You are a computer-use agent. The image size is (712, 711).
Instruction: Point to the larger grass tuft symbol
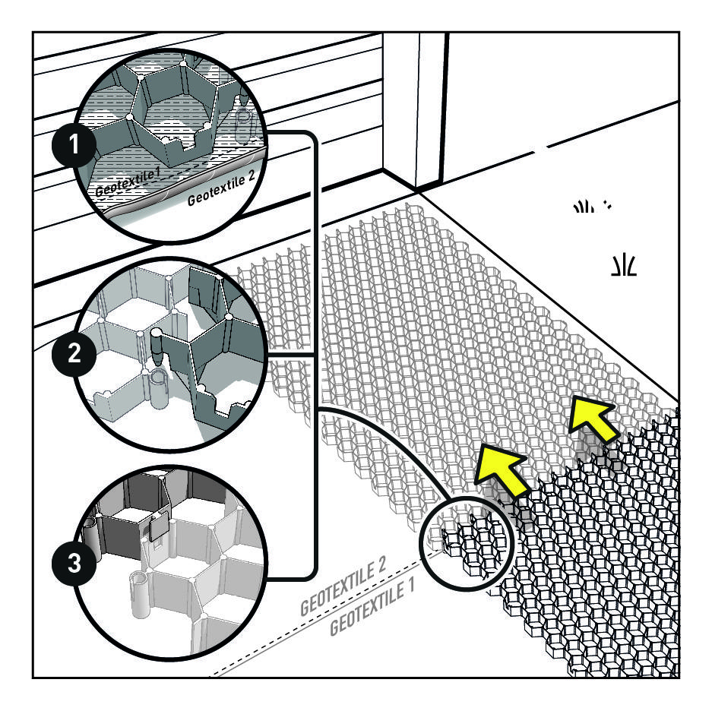624,266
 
